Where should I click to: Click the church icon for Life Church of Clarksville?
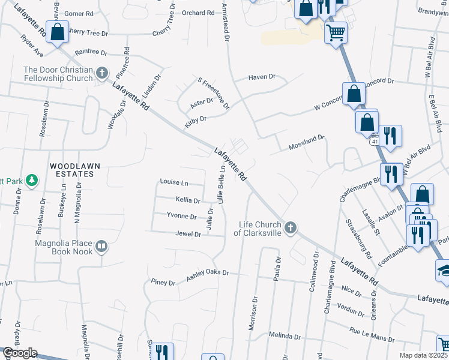click(291, 227)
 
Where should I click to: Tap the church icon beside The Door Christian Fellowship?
click(102, 74)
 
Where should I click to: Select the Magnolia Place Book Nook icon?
click(101, 245)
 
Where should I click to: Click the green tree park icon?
click(31, 179)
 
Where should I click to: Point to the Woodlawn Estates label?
click(72, 169)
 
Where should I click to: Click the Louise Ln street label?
click(173, 182)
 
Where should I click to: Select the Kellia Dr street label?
click(187, 199)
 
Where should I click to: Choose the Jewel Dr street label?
click(188, 233)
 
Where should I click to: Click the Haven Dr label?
click(262, 77)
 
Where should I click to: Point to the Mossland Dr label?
click(306, 141)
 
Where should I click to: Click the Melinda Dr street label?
click(284, 335)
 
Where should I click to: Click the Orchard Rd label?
click(197, 13)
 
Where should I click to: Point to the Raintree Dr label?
click(91, 53)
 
